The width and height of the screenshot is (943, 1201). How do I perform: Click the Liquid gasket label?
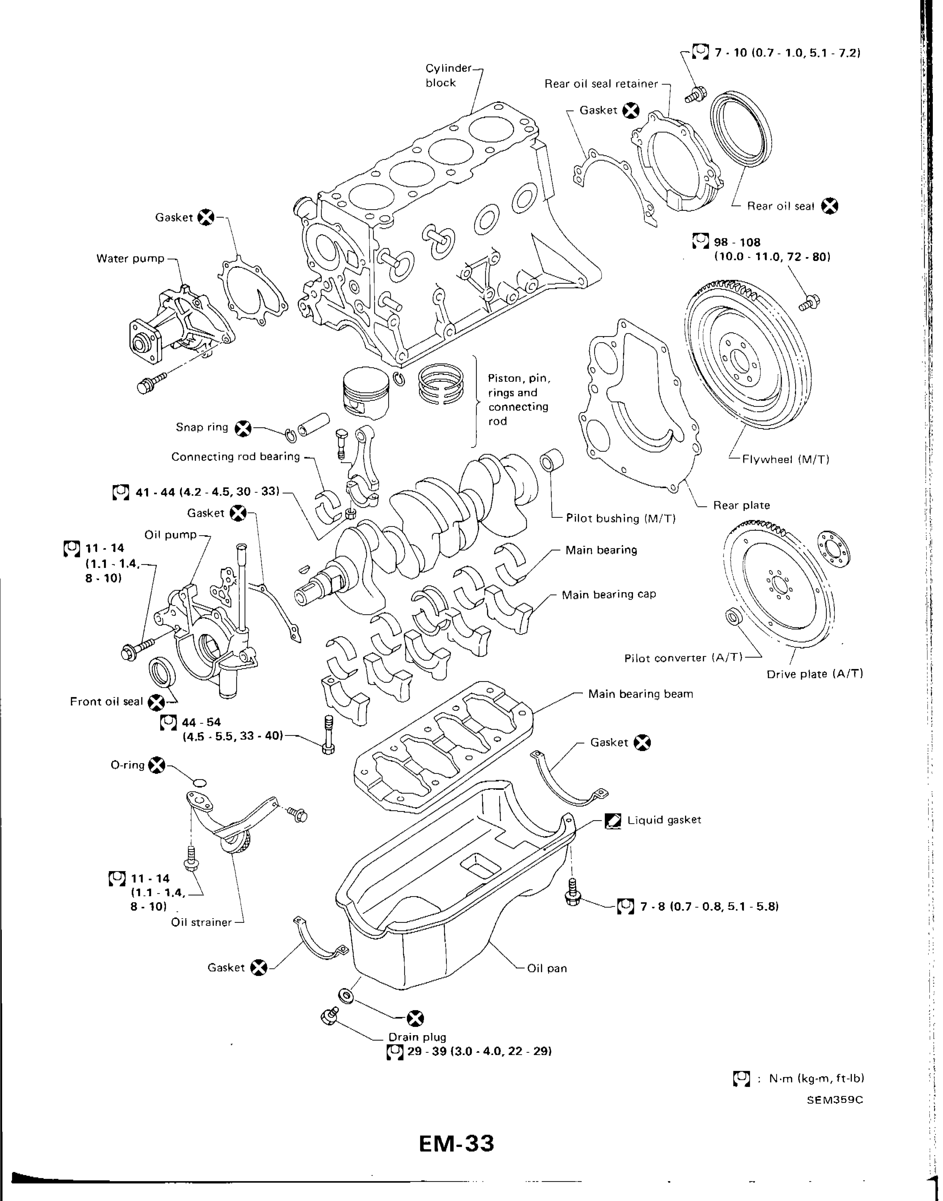pos(664,820)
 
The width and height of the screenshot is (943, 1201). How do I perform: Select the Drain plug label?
pos(417,1037)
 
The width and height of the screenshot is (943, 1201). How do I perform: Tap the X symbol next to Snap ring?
pos(242,428)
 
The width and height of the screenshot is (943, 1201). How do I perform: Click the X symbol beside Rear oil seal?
pos(829,206)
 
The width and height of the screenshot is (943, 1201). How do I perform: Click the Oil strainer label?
pos(202,922)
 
